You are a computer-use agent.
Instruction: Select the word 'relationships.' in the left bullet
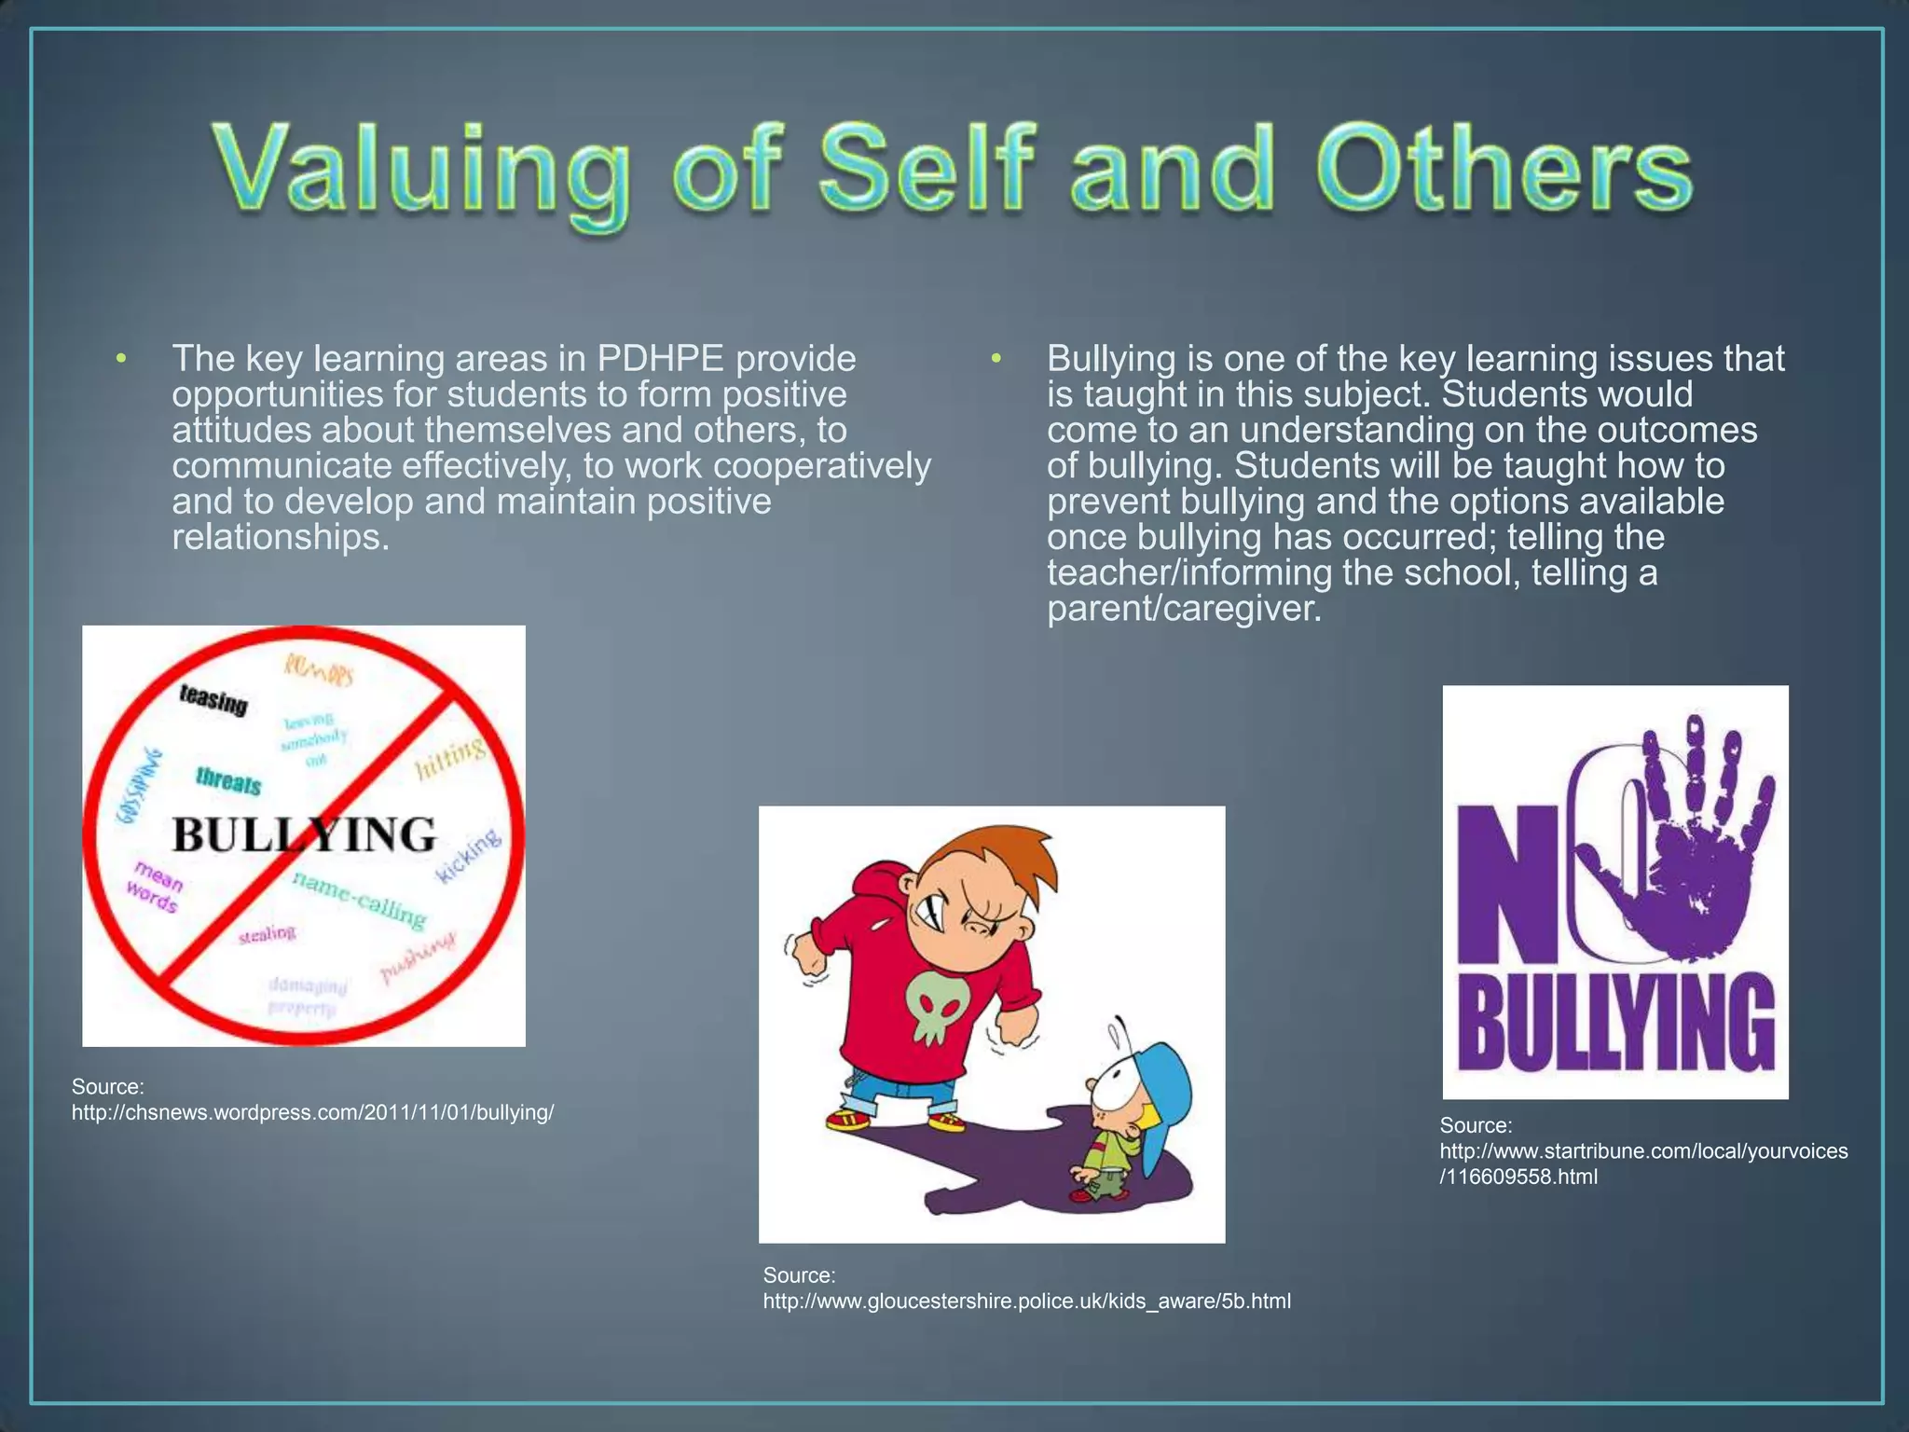coord(280,537)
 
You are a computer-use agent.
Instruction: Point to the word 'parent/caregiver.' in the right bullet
coord(1184,609)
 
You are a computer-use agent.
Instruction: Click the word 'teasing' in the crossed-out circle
coord(213,698)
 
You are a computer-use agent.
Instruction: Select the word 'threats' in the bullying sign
coord(228,781)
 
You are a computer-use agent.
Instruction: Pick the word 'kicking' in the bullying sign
coord(469,855)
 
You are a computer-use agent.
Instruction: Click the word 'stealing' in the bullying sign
coord(268,933)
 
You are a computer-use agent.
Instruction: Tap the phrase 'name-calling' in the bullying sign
coord(360,900)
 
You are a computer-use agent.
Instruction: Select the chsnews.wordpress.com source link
coord(313,1112)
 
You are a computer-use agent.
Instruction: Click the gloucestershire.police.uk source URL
coord(1026,1301)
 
